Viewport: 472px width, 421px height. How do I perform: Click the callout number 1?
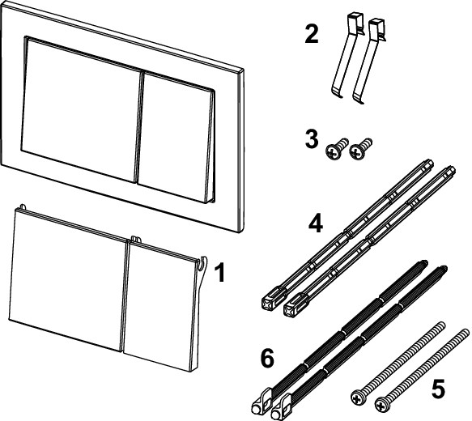(220, 273)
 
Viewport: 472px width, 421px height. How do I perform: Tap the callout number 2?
(311, 34)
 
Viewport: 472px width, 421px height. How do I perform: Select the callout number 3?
(312, 138)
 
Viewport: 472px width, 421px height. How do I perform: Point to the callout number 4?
(316, 223)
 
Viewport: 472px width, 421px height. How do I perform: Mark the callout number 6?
(267, 357)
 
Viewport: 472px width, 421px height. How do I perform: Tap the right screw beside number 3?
(360, 148)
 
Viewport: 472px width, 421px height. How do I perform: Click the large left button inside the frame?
(81, 110)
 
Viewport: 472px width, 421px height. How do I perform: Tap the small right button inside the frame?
(176, 137)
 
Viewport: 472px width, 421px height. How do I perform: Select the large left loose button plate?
(68, 280)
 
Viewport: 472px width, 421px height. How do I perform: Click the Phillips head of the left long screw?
(358, 397)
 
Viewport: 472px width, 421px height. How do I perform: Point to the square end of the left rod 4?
(271, 300)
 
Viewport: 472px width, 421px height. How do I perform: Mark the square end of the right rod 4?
(295, 306)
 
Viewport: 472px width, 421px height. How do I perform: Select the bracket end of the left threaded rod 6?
(261, 403)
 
